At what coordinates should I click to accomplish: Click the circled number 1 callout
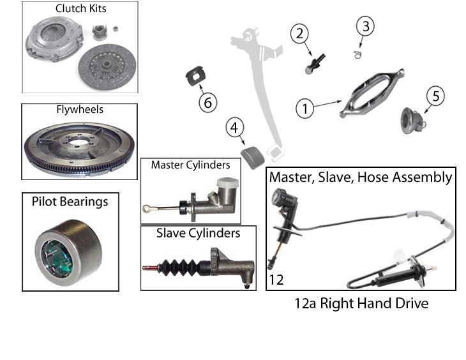coord(305,109)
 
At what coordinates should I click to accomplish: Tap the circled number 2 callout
coord(299,34)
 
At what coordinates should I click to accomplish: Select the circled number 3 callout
coord(366,26)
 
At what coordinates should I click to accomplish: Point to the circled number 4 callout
coord(235,128)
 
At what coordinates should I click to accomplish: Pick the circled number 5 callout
coord(436,96)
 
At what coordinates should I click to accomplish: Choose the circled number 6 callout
coord(208,103)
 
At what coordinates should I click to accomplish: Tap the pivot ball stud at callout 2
coord(315,64)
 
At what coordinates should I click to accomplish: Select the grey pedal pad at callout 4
coord(253,157)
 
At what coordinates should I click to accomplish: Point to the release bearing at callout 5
coord(412,121)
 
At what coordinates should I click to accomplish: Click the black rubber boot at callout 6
coord(197,76)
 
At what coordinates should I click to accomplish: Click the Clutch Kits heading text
coord(81,9)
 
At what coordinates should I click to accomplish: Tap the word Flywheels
coord(80,109)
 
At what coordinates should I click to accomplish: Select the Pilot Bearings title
coord(70,202)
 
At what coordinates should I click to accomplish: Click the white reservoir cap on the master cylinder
coord(228,182)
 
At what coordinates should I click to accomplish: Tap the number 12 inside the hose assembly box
coord(276,280)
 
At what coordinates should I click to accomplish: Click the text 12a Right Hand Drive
coord(361,304)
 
